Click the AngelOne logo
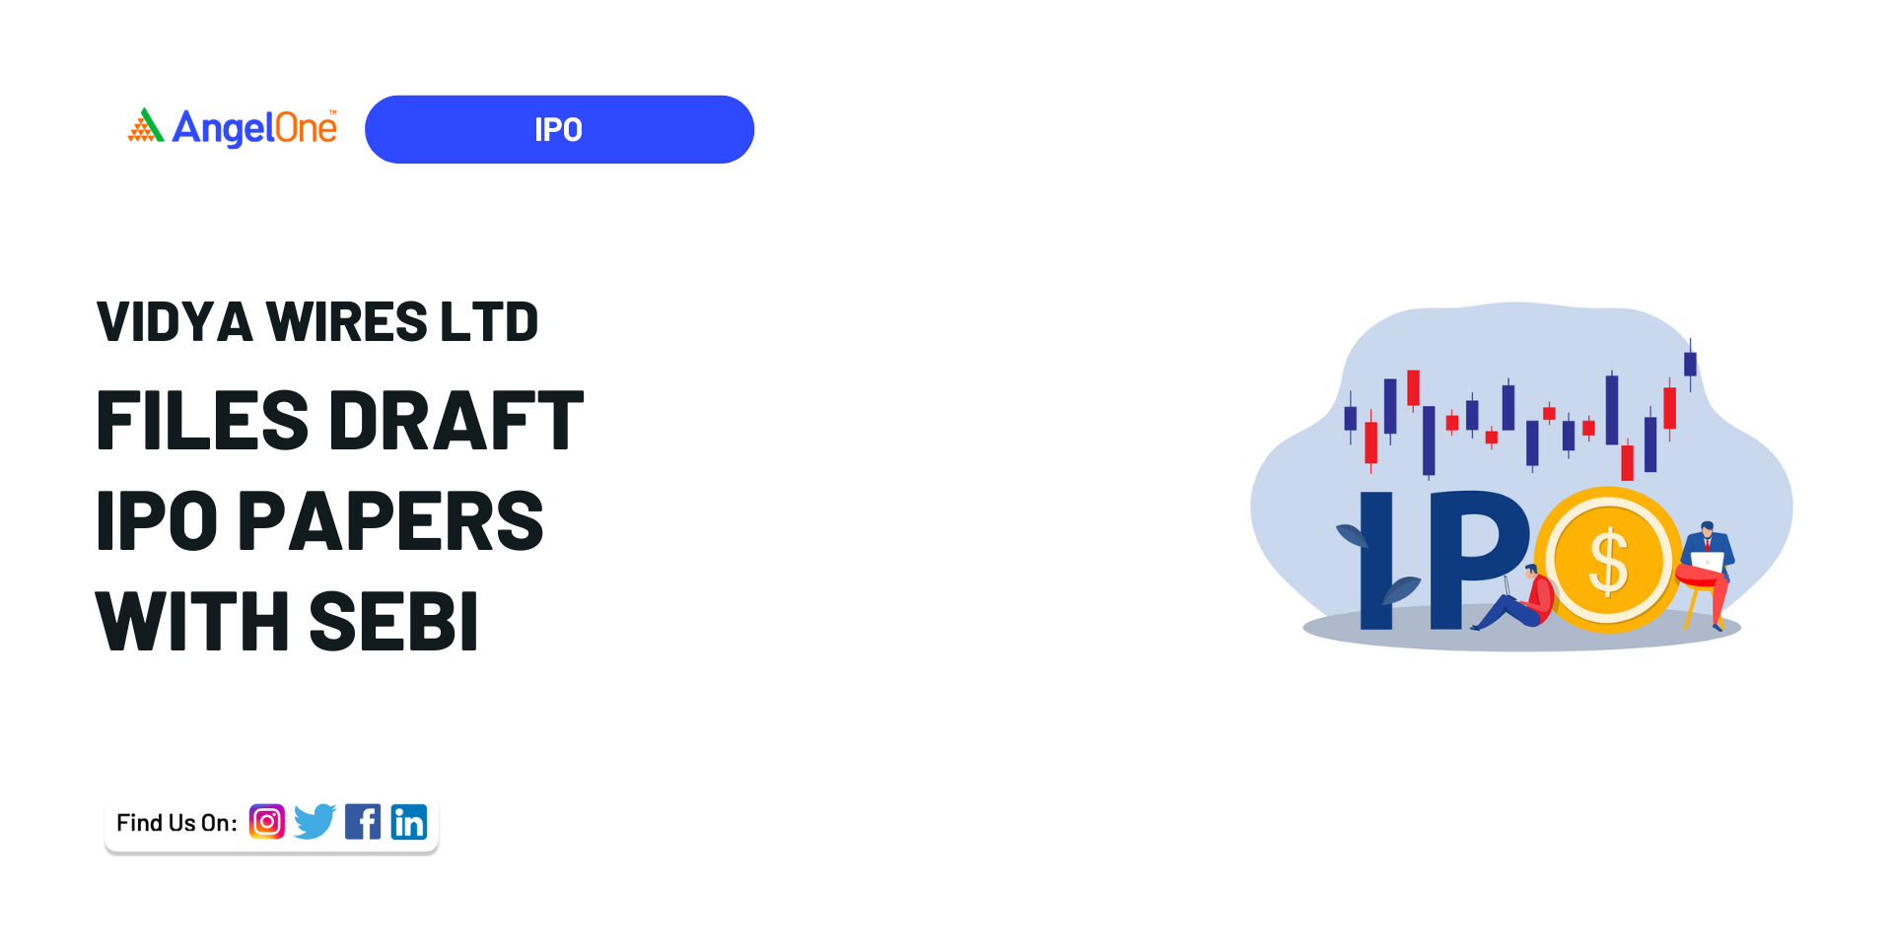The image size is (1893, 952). [x=233, y=128]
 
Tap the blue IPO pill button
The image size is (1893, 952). [x=559, y=129]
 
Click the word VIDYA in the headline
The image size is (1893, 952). [x=175, y=322]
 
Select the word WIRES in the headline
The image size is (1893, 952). [x=347, y=322]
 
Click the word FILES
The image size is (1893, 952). [x=202, y=421]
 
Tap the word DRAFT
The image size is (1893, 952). [x=456, y=421]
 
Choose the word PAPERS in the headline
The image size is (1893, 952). [x=390, y=520]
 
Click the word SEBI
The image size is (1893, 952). [x=393, y=622]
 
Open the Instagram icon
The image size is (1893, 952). [x=267, y=821]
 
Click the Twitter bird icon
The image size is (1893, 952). [x=315, y=821]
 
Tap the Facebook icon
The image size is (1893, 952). [x=363, y=821]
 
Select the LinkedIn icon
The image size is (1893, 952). [x=409, y=821]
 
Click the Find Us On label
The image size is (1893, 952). [x=176, y=823]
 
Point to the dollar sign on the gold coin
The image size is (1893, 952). [x=1608, y=561]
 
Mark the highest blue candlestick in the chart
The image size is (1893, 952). [x=1690, y=363]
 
